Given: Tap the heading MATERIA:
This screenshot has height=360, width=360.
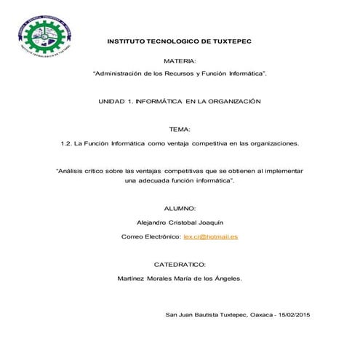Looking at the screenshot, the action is point(180,62).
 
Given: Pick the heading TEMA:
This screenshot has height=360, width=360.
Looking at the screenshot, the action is point(180,129).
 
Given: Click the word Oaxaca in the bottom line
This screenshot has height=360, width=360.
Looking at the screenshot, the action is point(260,314).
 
